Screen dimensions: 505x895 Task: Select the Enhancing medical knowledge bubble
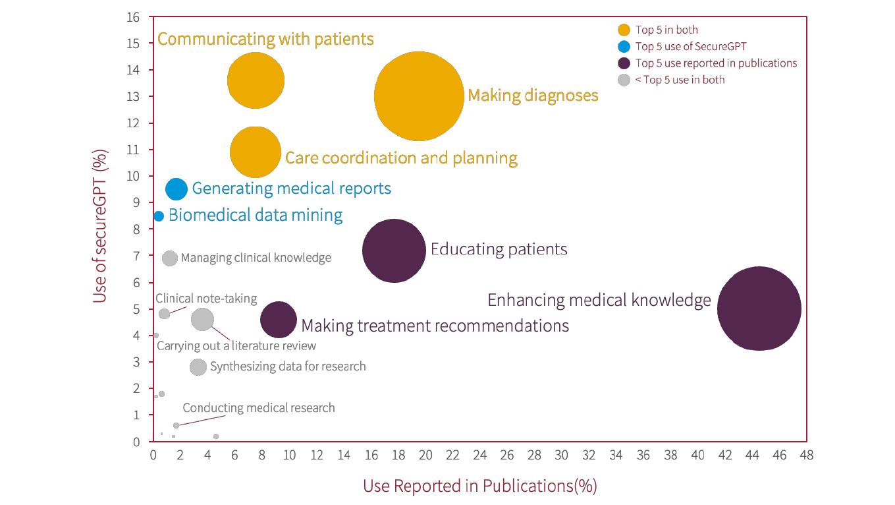759,309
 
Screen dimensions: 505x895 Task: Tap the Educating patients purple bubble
394,251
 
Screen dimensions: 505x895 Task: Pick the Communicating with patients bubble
256,80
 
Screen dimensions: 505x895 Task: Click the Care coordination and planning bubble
256,152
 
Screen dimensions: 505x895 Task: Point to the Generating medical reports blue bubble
176,189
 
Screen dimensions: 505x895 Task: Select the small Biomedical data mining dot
159,216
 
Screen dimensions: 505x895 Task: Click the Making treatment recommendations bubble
279,320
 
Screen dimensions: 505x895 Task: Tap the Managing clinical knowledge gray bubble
170,258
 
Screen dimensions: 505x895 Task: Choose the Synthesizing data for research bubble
198,367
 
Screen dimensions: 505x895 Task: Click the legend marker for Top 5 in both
624,30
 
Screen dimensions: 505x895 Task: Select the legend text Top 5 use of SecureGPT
691,46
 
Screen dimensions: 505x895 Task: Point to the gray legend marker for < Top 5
624,80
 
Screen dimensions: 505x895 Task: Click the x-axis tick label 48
807,455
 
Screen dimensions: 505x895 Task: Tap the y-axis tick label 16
133,17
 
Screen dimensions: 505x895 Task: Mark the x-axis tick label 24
480,455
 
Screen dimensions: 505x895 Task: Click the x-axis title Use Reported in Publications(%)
479,486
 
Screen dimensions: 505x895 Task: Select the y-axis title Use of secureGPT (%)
100,225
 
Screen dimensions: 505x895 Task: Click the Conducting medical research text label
259,408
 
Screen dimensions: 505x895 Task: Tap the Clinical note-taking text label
206,299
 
